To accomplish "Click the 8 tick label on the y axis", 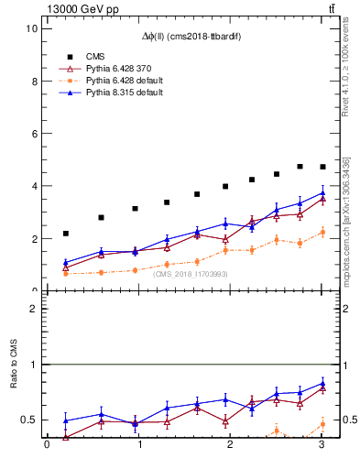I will click(x=33, y=81).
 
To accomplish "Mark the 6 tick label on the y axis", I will click(x=33, y=133).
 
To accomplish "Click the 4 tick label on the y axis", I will click(x=33, y=186).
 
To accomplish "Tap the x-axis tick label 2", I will click(x=231, y=445).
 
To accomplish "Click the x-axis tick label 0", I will click(x=47, y=445).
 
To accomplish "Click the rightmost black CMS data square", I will click(x=322, y=167).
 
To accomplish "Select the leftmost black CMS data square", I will click(x=66, y=234).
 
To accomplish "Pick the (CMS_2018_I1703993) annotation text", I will click(x=191, y=274).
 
